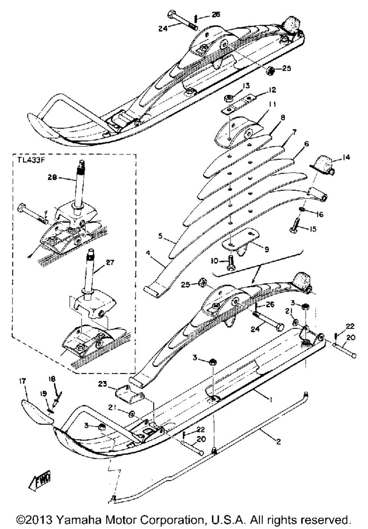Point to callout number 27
110,263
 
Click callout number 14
346,158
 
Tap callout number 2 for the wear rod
279,442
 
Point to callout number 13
246,86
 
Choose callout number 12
272,90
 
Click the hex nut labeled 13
229,97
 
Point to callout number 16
319,214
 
